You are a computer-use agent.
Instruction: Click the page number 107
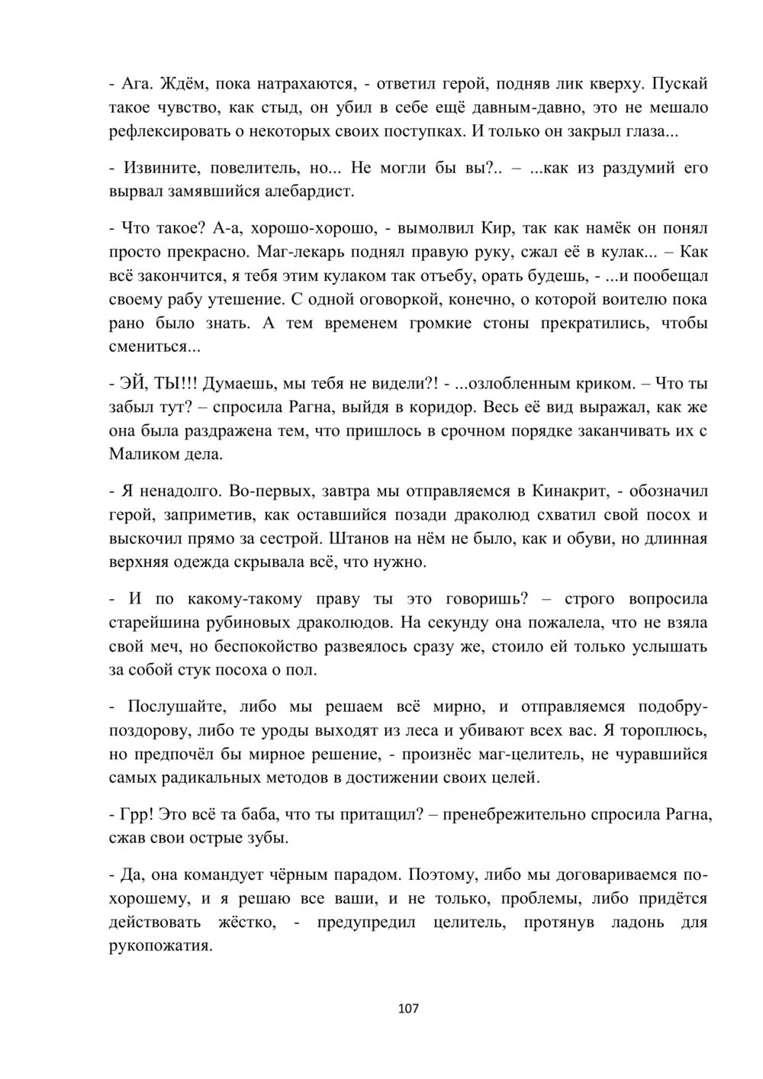409,1009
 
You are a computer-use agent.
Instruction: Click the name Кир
497,227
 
